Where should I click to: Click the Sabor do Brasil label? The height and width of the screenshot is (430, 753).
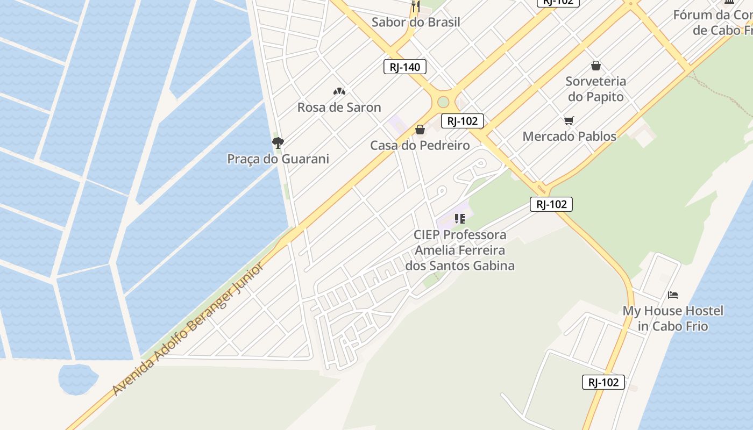coord(416,22)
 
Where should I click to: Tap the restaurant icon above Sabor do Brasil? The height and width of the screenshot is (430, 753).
coord(415,6)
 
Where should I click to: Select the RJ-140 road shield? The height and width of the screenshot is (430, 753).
coord(405,67)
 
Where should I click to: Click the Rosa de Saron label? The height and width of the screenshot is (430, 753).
coord(339,107)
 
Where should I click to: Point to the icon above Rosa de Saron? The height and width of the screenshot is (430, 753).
coord(339,91)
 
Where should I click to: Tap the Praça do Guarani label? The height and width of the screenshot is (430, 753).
coord(278,159)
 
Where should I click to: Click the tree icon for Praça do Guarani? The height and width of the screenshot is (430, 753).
coord(278,142)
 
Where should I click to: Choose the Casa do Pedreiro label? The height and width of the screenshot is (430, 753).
coord(420,145)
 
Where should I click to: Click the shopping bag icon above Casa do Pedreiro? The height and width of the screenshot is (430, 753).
coord(420,130)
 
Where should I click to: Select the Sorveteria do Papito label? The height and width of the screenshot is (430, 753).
coord(595,89)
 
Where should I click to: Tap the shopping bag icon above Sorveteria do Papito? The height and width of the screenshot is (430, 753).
coord(595,66)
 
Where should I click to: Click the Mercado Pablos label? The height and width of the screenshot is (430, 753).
coord(569,136)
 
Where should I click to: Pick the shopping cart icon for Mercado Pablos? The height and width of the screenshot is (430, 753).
coord(569,120)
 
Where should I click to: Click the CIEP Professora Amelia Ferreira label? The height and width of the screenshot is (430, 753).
coord(460,250)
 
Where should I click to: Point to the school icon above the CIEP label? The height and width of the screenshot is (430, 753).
coord(459,219)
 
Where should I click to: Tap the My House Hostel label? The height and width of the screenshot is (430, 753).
coord(673,318)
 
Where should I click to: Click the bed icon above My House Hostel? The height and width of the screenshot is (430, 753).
coord(673,295)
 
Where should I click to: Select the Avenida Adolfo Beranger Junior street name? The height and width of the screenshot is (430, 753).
coord(188,328)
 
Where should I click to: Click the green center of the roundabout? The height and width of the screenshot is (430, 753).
coord(443,102)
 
